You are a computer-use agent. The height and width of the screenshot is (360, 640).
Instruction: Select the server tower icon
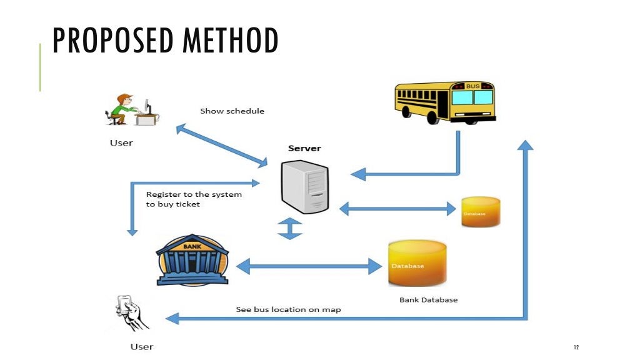click(x=304, y=186)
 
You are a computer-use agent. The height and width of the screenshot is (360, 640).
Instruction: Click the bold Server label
click(x=304, y=148)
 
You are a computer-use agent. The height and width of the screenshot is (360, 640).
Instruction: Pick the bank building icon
click(x=192, y=261)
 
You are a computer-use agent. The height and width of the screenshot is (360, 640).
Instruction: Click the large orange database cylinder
click(x=417, y=263)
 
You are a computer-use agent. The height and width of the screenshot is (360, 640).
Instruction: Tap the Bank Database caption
click(x=428, y=300)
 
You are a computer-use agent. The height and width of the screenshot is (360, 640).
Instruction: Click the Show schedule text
click(x=232, y=111)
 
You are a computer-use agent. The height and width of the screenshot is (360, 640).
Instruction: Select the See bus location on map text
click(x=288, y=309)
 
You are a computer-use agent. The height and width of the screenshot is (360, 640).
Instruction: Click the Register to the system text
click(x=194, y=194)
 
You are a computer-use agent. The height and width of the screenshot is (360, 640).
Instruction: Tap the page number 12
click(x=576, y=347)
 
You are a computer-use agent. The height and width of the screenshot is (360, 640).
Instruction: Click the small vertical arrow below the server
click(x=290, y=228)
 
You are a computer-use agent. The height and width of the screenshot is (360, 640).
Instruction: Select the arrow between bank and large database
click(x=309, y=266)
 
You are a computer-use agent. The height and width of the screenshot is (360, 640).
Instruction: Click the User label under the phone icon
click(x=141, y=347)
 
